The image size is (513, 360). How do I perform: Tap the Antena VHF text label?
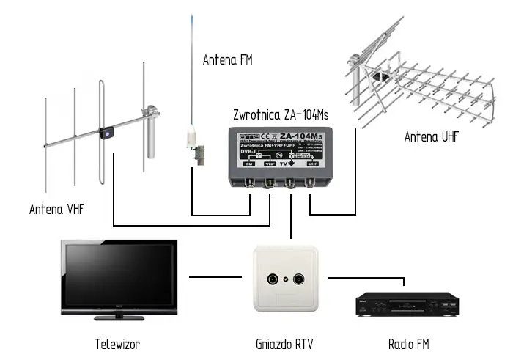click(x=57, y=209)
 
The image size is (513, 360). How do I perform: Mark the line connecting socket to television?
click(x=215, y=277)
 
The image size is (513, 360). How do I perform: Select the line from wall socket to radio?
click(x=366, y=277)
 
